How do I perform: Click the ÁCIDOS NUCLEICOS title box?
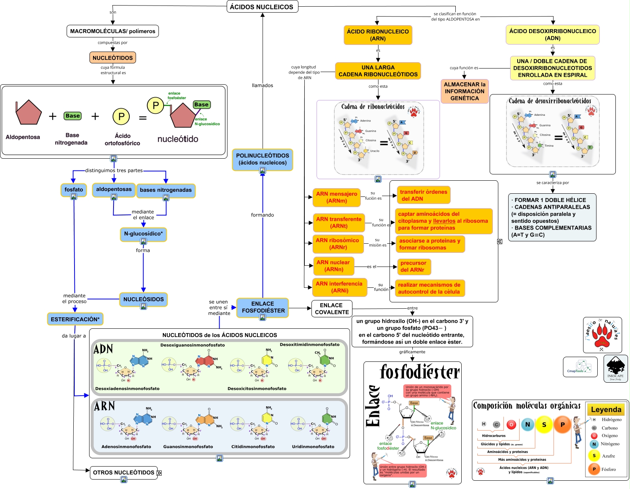262,7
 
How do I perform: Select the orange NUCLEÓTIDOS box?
113,57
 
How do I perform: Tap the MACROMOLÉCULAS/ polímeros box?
113,31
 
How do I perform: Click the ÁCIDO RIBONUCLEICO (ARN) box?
378,35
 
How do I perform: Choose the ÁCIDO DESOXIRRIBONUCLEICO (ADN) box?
552,35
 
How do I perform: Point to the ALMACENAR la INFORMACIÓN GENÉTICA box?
464,91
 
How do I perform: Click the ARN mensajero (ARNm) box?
336,197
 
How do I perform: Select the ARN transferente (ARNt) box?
339,222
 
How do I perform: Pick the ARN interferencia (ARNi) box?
339,287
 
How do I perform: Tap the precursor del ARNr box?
413,267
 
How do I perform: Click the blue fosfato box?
74,189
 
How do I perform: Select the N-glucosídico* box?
144,233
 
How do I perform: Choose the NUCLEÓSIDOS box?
144,299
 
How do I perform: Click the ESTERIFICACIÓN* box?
75,319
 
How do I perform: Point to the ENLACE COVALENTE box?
332,309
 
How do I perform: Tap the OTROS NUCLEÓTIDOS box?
124,472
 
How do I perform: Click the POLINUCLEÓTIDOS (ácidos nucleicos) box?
263,159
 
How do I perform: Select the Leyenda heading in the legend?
606,409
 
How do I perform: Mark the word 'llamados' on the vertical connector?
263,85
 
